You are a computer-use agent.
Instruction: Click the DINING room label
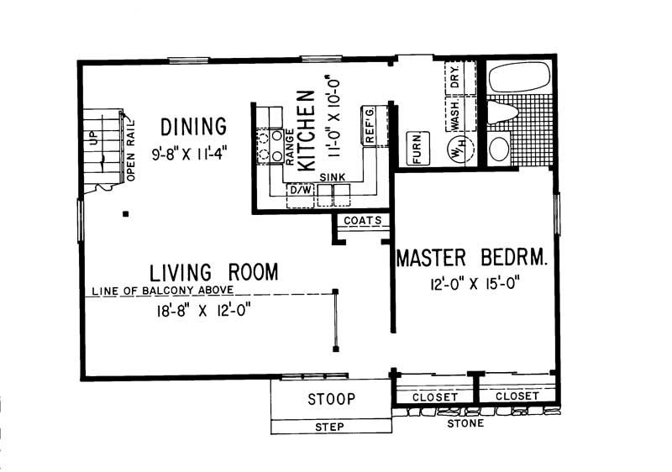[x=194, y=127]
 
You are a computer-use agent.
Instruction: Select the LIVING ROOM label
[x=214, y=272]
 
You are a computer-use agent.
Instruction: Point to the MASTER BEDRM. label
[x=472, y=257]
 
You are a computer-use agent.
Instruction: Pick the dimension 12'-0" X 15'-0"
[x=472, y=284]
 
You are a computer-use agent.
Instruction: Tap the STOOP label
[x=331, y=398]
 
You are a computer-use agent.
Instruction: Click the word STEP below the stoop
[x=329, y=427]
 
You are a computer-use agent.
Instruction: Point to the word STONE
[x=465, y=423]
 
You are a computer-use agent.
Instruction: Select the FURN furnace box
[x=414, y=149]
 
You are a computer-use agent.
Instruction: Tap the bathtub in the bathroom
[x=520, y=77]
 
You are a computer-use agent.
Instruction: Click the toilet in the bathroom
[x=504, y=113]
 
